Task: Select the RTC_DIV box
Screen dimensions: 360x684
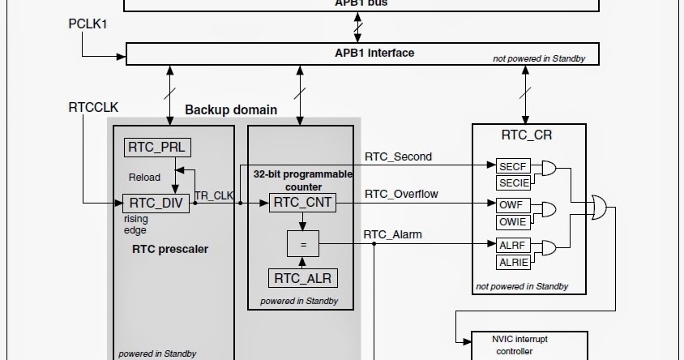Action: tap(156, 203)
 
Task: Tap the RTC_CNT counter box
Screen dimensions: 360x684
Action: tap(301, 203)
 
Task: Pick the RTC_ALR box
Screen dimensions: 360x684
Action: tap(301, 278)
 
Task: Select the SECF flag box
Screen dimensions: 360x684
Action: tap(512, 165)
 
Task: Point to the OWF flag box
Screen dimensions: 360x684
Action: tap(512, 205)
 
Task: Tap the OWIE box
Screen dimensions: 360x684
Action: tap(512, 221)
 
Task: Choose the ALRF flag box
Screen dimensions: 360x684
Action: tap(512, 245)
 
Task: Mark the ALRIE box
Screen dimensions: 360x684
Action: tap(512, 261)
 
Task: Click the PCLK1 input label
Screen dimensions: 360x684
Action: tap(88, 24)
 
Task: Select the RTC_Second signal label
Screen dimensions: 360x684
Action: tap(398, 156)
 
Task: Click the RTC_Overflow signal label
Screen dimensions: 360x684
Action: tap(401, 194)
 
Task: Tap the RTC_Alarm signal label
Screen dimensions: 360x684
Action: tap(393, 235)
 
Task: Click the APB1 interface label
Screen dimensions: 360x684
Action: tap(374, 54)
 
